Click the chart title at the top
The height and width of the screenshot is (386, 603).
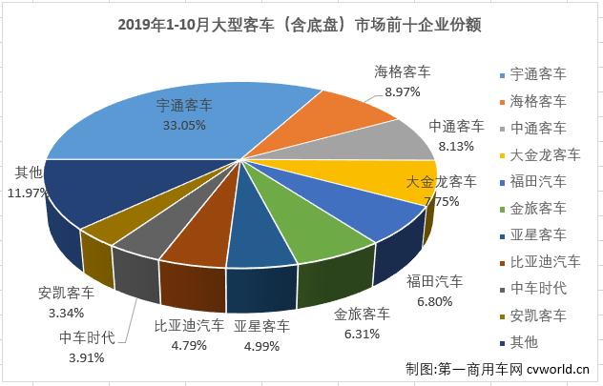click(x=301, y=25)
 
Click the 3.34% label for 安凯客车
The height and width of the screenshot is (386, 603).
click(x=66, y=311)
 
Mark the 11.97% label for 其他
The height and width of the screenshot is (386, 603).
click(x=28, y=191)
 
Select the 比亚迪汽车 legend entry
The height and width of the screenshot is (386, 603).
click(x=544, y=261)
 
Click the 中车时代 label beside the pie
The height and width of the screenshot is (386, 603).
click(x=87, y=338)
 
